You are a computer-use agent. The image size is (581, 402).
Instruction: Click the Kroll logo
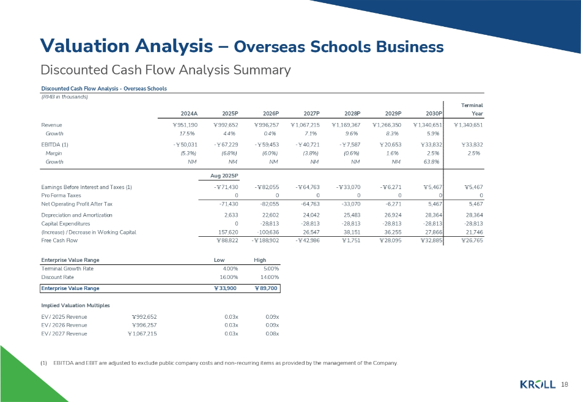[x=538, y=384]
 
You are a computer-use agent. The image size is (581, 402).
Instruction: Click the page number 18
[x=564, y=384]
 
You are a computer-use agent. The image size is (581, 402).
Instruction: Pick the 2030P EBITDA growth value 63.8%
[x=432, y=162]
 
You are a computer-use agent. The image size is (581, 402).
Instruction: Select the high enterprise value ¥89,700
[x=266, y=288]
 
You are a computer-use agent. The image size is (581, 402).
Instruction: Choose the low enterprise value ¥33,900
[x=225, y=288]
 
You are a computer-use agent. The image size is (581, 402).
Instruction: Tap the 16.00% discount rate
[x=228, y=277]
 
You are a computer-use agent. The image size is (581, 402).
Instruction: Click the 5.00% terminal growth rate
[x=270, y=268]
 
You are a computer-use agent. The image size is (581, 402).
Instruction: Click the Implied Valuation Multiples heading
[x=72, y=305]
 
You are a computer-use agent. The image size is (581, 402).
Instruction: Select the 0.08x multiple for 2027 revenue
[x=273, y=333]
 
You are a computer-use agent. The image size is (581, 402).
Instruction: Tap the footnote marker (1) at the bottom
[x=43, y=363]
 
